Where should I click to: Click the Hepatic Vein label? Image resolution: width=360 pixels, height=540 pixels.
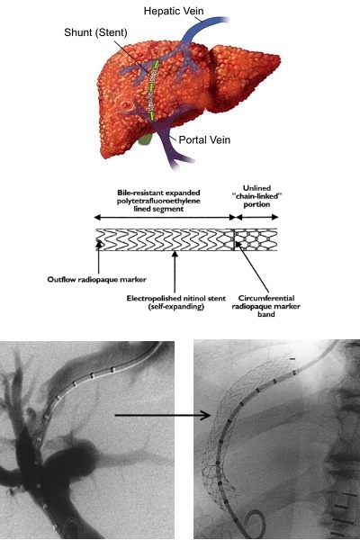[174, 11]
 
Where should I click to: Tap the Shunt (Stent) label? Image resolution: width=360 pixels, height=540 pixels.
[95, 32]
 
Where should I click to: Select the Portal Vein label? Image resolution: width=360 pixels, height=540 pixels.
[204, 139]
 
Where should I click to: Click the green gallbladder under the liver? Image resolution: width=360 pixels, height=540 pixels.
[145, 139]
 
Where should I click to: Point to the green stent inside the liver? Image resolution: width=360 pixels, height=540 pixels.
[153, 90]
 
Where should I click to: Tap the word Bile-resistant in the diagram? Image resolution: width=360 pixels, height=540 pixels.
[137, 193]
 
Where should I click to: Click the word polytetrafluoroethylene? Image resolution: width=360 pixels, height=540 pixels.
[158, 201]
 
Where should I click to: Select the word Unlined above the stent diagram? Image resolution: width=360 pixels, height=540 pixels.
[256, 188]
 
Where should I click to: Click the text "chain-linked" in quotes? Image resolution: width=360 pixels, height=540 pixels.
[256, 196]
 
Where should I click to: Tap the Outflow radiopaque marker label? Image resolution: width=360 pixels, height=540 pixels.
[97, 279]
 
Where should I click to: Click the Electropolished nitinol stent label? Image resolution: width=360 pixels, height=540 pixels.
[176, 298]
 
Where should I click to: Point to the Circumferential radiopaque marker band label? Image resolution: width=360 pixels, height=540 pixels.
[266, 306]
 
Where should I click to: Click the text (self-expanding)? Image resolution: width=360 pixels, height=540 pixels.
[176, 306]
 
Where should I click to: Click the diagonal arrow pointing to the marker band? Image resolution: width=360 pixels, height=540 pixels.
[252, 267]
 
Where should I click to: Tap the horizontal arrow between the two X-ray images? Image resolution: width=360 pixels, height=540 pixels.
[163, 415]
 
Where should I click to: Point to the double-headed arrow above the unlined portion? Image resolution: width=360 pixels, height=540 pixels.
[257, 217]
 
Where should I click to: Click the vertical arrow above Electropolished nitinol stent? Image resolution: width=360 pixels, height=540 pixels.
[175, 272]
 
